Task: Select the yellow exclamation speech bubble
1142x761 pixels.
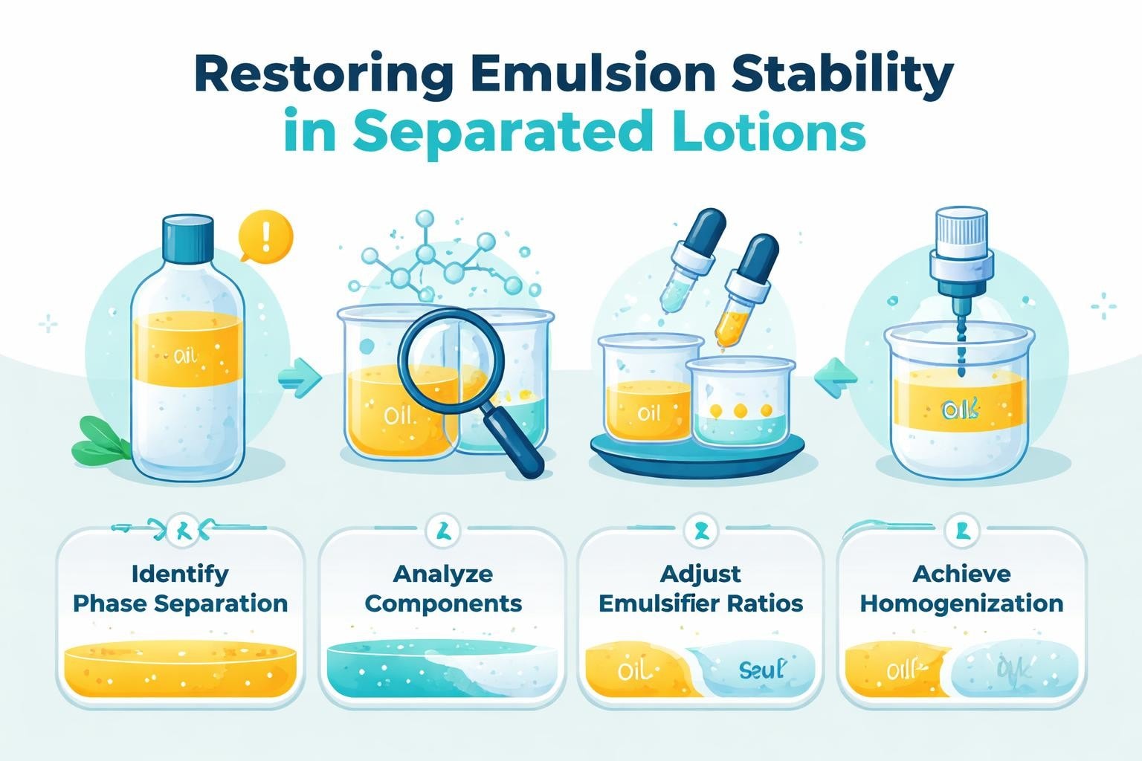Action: click(x=265, y=237)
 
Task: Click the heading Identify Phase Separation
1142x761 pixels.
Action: click(x=180, y=589)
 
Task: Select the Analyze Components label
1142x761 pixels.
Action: click(x=442, y=589)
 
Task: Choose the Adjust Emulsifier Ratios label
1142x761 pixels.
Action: click(x=700, y=589)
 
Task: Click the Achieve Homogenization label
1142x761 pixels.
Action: click(x=961, y=589)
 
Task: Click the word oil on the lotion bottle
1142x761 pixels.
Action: click(x=185, y=357)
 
